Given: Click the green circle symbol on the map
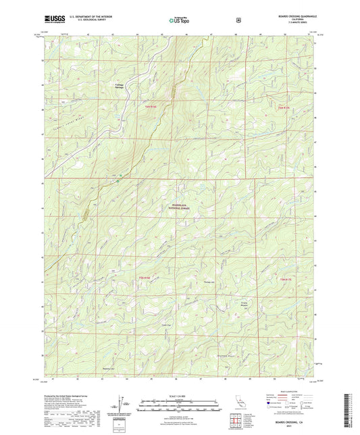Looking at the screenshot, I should [x=119, y=179].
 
